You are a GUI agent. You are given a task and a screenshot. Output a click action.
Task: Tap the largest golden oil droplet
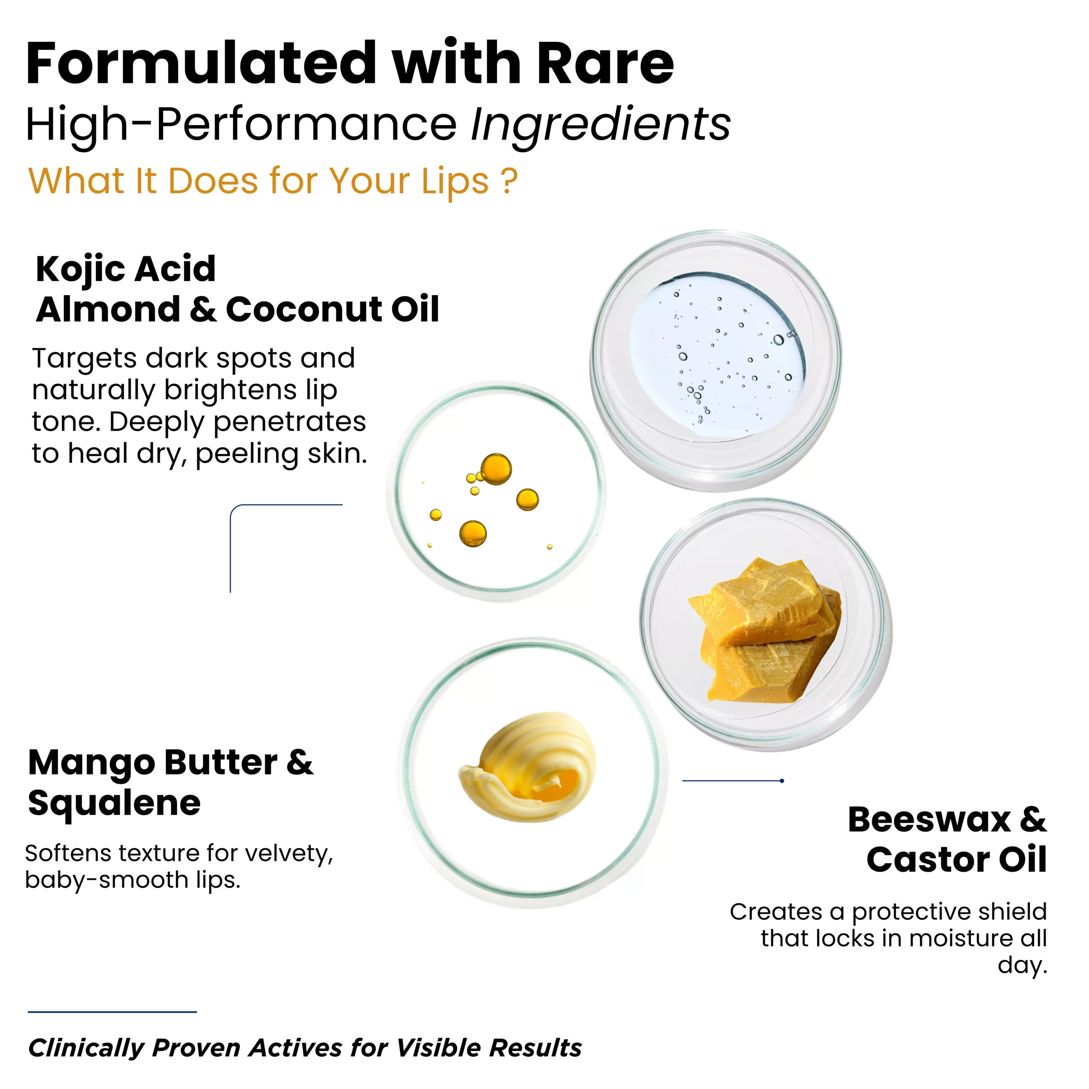tap(496, 469)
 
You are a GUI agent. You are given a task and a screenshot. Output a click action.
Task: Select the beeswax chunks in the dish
tap(765, 630)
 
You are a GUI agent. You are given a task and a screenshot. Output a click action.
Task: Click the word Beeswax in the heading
tap(929, 820)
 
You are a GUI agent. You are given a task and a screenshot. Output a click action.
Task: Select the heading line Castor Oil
tap(957, 860)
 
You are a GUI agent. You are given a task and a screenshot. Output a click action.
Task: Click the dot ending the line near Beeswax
tap(782, 781)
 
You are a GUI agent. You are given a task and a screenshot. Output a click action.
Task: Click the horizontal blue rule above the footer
tap(112, 1011)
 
